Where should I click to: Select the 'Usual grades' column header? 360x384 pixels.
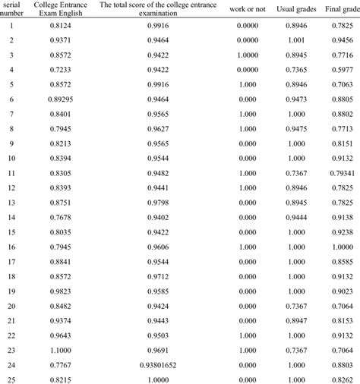pyautogui.click(x=301, y=8)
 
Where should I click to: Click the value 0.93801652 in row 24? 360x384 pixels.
pyautogui.click(x=158, y=365)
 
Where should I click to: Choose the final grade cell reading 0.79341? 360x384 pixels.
pyautogui.click(x=343, y=172)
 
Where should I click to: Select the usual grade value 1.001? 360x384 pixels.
pyautogui.click(x=302, y=39)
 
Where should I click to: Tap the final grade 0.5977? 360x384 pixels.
pyautogui.click(x=343, y=69)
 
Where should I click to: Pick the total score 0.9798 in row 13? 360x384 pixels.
pyautogui.click(x=158, y=202)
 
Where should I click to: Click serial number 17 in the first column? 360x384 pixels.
pyautogui.click(x=11, y=262)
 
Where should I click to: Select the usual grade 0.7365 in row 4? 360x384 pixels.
pyautogui.click(x=302, y=69)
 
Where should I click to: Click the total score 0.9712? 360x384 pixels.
pyautogui.click(x=158, y=276)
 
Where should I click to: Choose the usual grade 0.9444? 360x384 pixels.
pyautogui.click(x=302, y=217)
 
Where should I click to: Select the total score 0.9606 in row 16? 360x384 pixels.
pyautogui.click(x=158, y=247)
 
